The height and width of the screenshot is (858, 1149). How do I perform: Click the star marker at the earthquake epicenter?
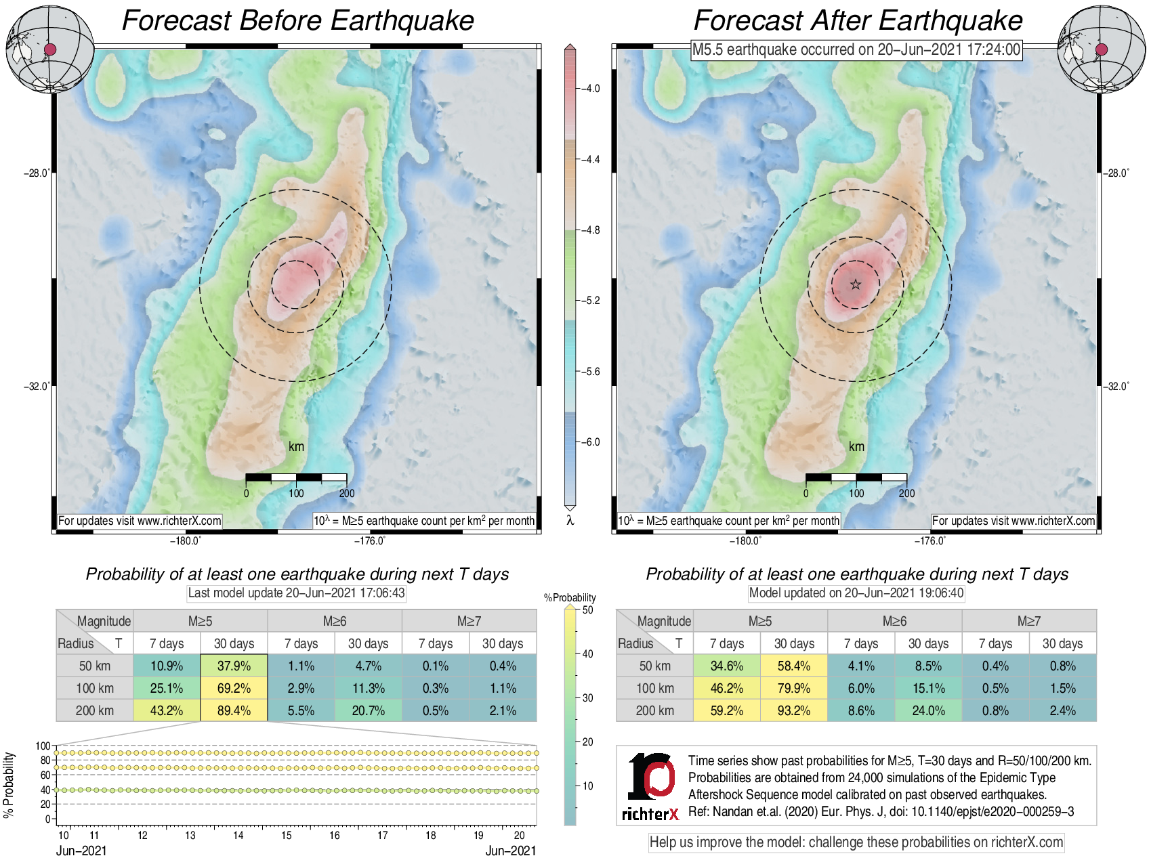click(856, 284)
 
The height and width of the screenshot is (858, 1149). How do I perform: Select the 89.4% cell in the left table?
click(234, 710)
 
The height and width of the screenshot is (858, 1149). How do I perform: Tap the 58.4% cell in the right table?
click(794, 666)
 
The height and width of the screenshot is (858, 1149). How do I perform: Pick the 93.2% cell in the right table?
click(794, 710)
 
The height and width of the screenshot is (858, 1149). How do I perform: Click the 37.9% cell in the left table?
click(234, 666)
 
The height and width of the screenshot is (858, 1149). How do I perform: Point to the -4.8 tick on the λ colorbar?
click(589, 230)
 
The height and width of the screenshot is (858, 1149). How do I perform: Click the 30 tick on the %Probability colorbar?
click(587, 698)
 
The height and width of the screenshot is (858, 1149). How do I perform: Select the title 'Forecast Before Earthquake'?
click(297, 20)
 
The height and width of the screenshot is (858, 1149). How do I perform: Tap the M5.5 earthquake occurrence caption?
click(856, 49)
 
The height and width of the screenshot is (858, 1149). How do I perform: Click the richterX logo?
click(650, 786)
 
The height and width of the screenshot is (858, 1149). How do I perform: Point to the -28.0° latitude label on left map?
click(37, 173)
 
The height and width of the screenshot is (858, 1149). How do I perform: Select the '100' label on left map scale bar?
click(296, 493)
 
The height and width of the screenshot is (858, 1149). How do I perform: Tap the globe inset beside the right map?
click(1101, 49)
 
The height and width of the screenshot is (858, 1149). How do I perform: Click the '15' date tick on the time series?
click(287, 836)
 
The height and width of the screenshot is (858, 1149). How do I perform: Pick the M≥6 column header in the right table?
click(894, 621)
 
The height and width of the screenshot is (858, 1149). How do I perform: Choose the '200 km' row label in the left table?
click(95, 710)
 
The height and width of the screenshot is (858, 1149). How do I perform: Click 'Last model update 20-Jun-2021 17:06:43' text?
click(296, 593)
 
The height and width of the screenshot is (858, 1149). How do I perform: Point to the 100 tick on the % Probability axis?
click(43, 746)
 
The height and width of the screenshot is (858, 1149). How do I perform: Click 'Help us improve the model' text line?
click(856, 842)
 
